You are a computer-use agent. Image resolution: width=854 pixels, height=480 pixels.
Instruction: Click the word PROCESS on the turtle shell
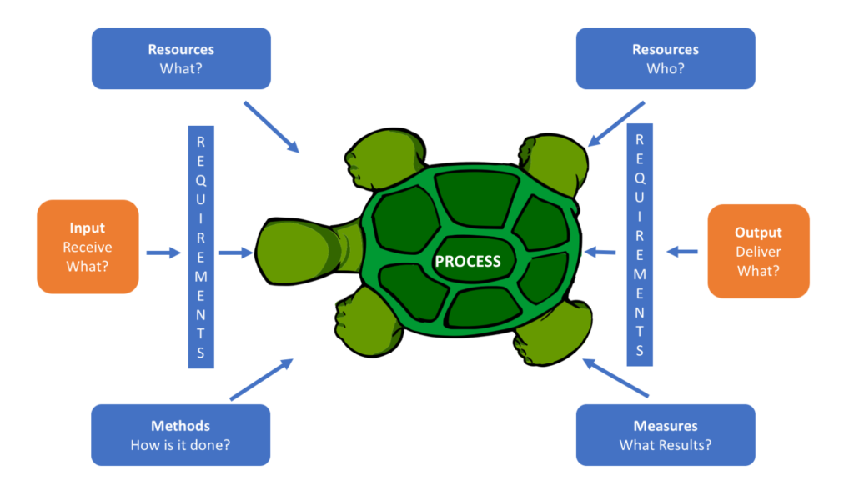(x=468, y=261)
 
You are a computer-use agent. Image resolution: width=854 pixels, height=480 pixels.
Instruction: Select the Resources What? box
(x=181, y=58)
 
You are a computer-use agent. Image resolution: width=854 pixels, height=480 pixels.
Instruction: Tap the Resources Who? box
(x=665, y=58)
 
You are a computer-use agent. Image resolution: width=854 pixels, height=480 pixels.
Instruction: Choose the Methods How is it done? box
(x=180, y=435)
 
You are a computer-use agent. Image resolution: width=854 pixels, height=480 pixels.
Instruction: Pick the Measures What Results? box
(x=665, y=435)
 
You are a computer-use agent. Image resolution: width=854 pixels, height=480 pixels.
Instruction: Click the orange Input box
(x=88, y=247)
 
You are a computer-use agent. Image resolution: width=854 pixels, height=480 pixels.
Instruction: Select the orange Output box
(x=758, y=251)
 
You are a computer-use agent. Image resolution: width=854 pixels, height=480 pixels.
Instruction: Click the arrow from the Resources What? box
(x=271, y=127)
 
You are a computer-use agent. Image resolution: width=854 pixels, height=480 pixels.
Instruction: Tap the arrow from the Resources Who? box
(x=616, y=123)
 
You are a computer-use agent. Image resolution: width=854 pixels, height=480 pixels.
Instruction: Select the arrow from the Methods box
(x=261, y=379)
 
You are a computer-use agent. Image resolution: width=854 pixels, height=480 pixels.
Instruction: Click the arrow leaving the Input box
(x=163, y=252)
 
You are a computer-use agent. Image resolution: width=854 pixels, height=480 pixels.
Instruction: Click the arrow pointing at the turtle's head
(x=235, y=252)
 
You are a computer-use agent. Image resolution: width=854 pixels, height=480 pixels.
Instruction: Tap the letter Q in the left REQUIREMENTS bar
(x=200, y=177)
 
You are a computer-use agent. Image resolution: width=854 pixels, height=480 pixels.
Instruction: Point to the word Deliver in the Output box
(x=758, y=252)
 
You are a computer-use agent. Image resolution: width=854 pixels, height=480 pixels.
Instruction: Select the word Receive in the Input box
(x=88, y=247)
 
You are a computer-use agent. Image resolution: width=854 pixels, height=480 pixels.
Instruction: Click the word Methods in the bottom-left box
(x=180, y=426)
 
